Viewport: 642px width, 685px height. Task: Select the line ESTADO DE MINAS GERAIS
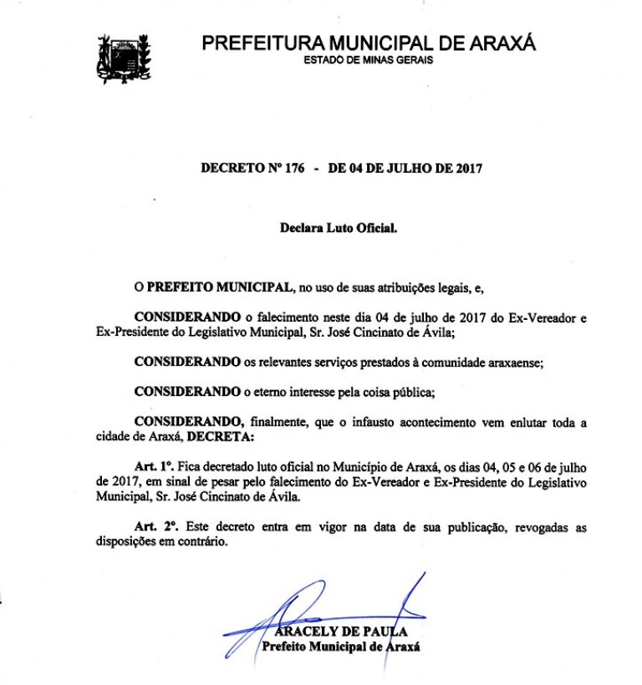(x=368, y=60)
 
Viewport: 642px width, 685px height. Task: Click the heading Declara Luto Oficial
(x=338, y=226)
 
